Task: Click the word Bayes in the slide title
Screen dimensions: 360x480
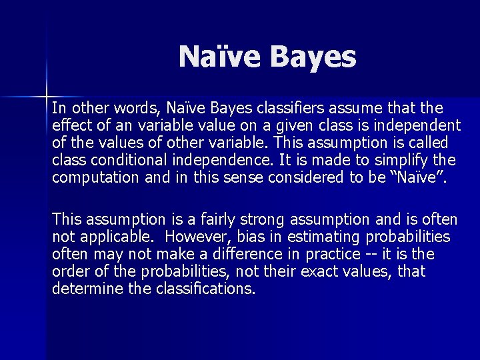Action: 313,58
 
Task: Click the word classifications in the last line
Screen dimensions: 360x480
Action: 189,289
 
